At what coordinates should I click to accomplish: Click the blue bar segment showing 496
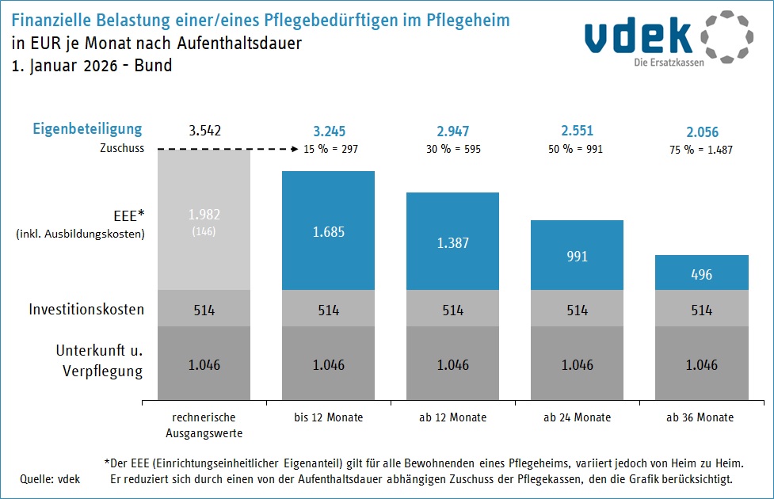pos(701,272)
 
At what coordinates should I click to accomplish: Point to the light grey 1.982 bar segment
pos(204,219)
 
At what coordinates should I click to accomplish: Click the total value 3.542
pos(204,131)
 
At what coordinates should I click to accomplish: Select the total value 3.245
pos(329,131)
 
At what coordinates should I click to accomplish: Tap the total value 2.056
pos(702,132)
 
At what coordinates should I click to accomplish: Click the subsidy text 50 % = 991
pos(576,149)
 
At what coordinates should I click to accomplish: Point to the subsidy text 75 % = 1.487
pos(702,149)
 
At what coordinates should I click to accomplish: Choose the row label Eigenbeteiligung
pos(87,129)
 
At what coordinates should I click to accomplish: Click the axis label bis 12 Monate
pos(328,417)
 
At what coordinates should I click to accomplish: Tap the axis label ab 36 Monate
pos(701,417)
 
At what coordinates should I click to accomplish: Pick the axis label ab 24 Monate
pos(577,417)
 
